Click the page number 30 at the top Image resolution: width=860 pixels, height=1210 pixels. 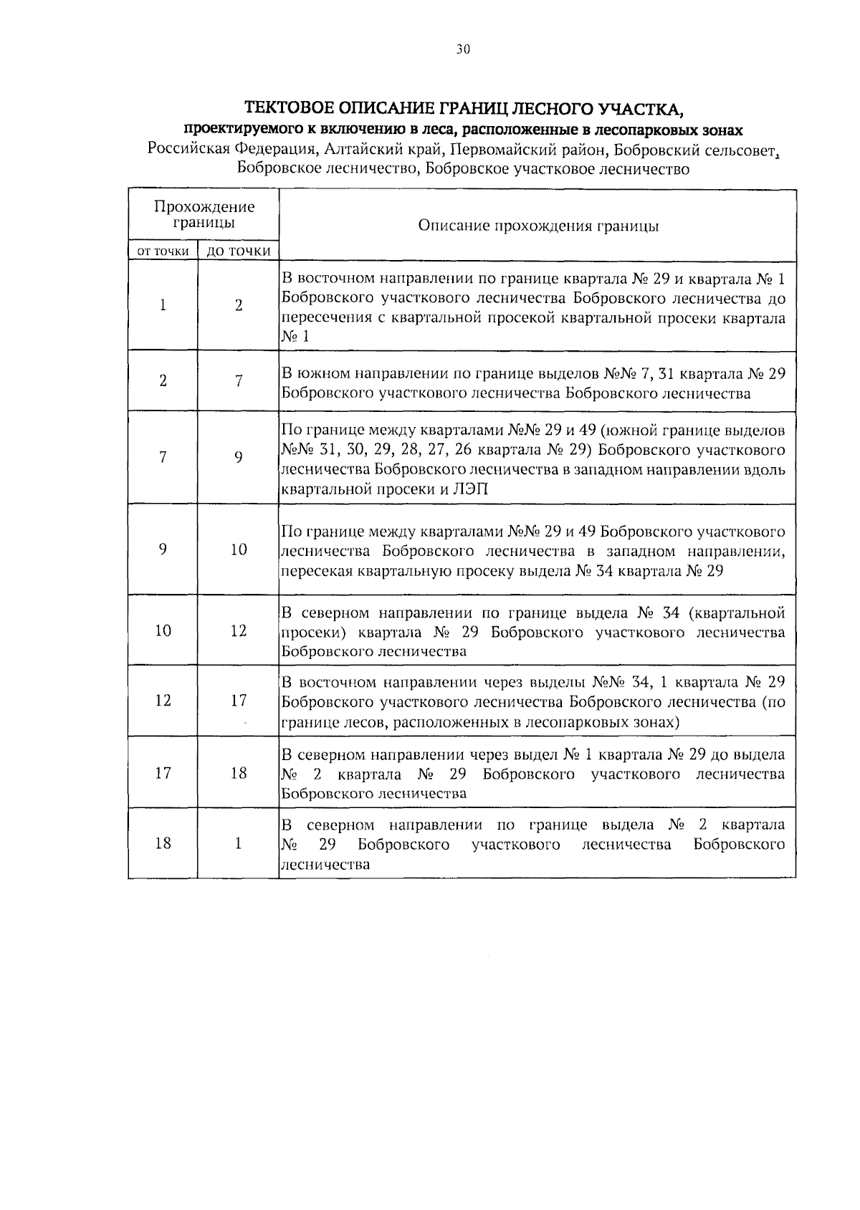(x=462, y=49)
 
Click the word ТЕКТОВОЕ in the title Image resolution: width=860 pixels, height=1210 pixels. (x=289, y=109)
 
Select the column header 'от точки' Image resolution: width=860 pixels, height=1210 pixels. (x=163, y=251)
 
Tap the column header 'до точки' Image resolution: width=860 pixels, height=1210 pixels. (x=238, y=251)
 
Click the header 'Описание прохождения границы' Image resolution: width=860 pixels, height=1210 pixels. (x=537, y=226)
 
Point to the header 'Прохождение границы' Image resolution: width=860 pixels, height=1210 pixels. (x=204, y=214)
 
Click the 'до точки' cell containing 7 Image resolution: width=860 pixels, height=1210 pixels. (x=238, y=381)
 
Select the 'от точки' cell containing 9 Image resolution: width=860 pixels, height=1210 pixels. (x=163, y=549)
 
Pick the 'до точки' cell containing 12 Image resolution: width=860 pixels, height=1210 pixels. (x=238, y=630)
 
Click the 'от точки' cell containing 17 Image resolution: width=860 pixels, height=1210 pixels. (x=163, y=773)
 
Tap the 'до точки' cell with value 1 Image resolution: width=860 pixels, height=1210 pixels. (x=238, y=843)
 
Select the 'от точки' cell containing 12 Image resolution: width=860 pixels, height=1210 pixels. (x=163, y=700)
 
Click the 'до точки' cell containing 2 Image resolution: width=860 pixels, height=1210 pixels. (x=238, y=305)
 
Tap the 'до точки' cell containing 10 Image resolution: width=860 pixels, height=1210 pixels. (x=238, y=549)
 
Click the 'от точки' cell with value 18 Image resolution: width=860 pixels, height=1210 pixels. (x=163, y=843)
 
